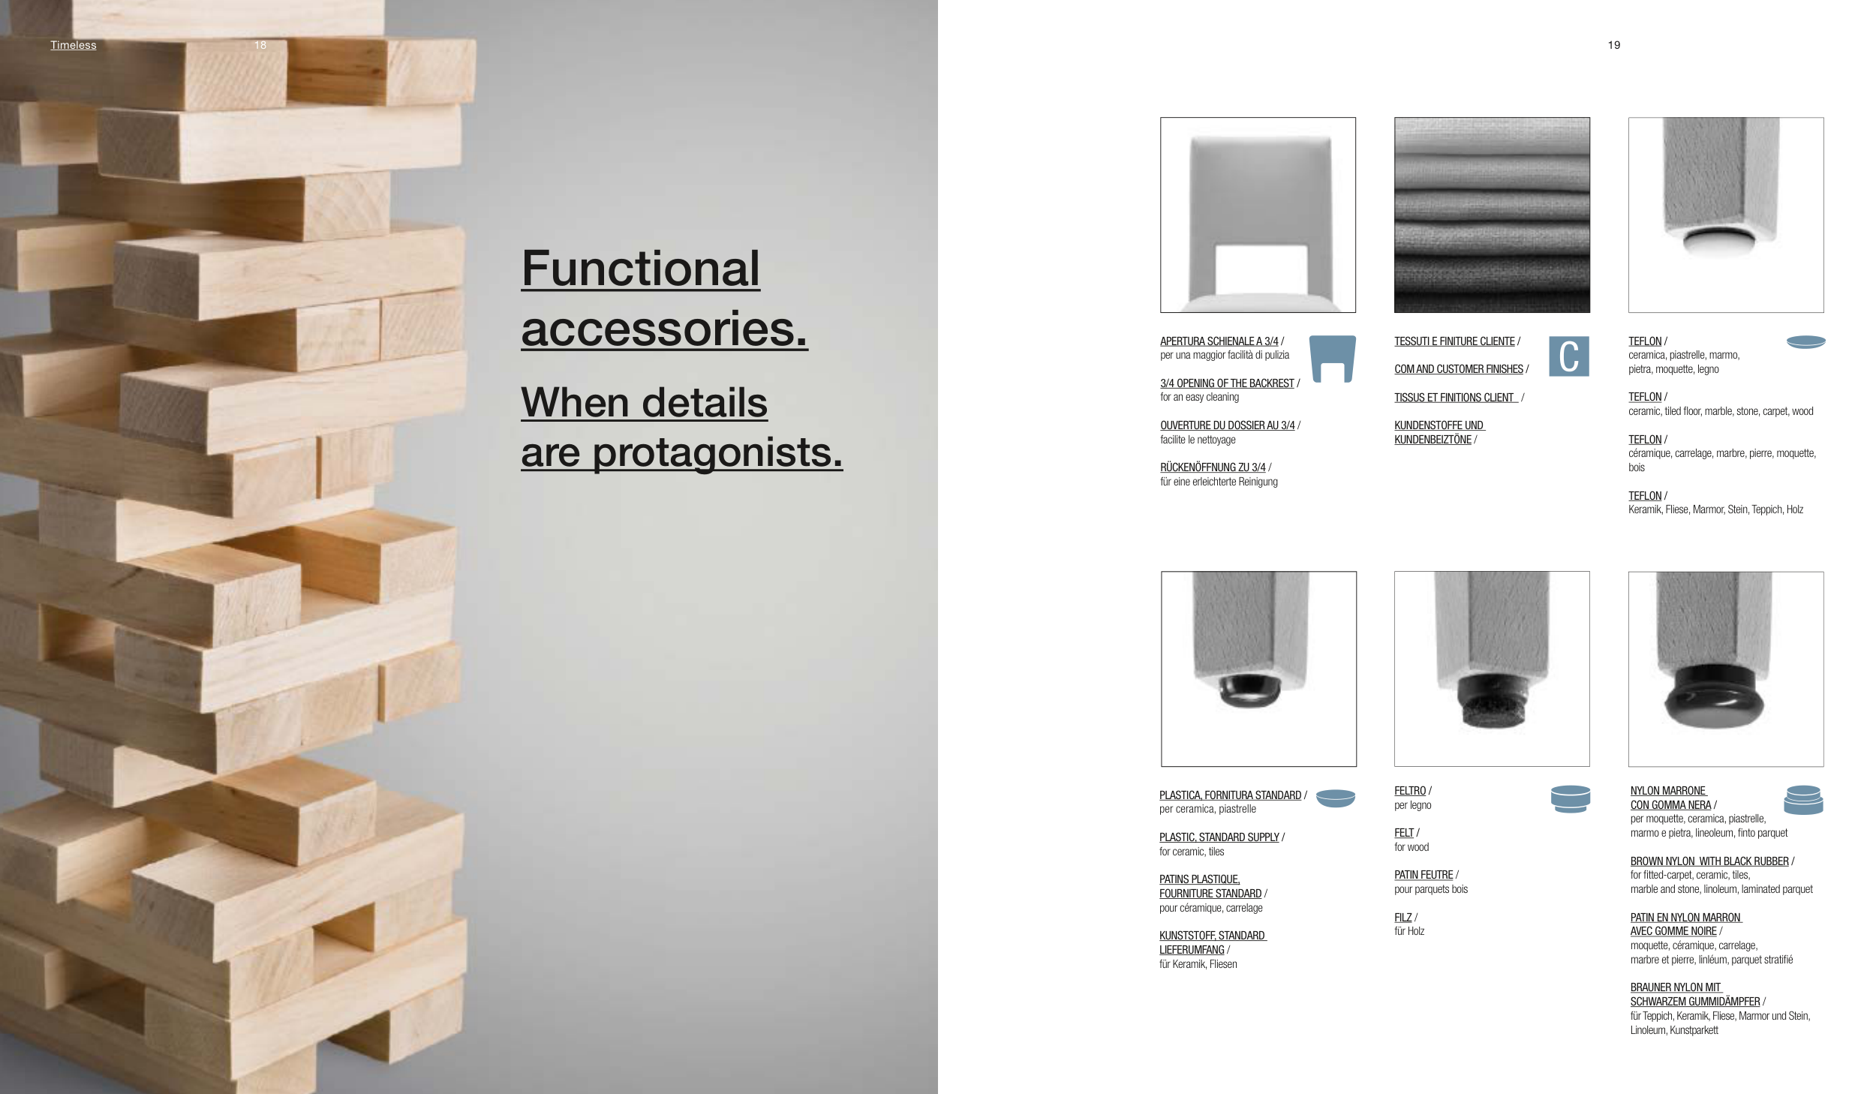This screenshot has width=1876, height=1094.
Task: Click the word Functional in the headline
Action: pos(641,269)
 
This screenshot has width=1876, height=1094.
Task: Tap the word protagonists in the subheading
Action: pos(717,452)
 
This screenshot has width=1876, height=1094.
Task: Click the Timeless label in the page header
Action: pos(74,45)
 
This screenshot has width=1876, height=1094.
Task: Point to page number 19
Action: pos(1614,45)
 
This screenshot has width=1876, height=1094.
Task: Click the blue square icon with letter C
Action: pos(1569,356)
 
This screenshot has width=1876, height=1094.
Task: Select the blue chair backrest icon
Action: pos(1333,359)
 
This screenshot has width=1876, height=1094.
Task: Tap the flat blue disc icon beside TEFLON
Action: pos(1806,342)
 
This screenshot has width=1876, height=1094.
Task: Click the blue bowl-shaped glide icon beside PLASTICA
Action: pos(1336,798)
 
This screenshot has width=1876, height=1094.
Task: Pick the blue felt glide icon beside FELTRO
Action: pos(1571,799)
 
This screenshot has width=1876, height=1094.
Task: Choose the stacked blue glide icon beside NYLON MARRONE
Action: pos(1804,800)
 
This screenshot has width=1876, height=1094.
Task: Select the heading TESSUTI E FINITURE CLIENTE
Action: pos(1454,341)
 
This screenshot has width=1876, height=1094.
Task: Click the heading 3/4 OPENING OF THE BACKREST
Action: pos(1227,383)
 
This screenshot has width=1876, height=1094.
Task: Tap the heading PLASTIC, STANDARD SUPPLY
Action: pos(1219,837)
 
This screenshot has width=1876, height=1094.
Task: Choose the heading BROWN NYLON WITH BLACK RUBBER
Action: pos(1709,861)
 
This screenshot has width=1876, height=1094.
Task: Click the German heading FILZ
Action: pos(1403,918)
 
